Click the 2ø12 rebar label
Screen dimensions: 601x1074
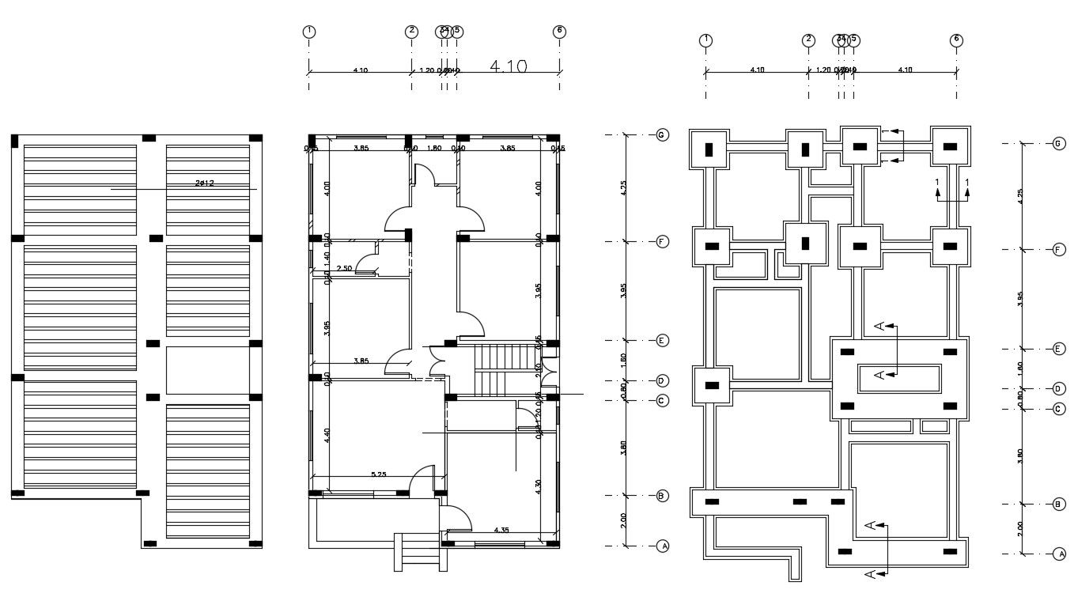[x=205, y=183]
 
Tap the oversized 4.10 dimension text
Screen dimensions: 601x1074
[x=509, y=66]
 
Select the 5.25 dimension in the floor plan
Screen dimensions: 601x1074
[x=378, y=474]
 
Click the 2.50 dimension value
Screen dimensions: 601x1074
[x=344, y=269]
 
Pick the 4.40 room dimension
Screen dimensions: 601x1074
[x=327, y=435]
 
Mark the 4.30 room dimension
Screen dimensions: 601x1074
[x=539, y=486]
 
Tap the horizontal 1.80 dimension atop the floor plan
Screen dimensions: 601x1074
[x=433, y=148]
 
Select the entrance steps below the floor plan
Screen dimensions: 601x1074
[x=419, y=551]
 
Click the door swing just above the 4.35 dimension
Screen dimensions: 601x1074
[x=458, y=518]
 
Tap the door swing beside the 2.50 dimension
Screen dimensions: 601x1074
[x=366, y=263]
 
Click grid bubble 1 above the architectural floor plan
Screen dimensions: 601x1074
[x=308, y=32]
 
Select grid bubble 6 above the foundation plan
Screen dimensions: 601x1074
[x=956, y=40]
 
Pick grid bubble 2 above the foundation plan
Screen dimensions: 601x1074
[x=807, y=40]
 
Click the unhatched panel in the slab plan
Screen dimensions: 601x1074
[x=207, y=370]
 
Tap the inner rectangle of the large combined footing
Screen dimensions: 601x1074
[x=898, y=378]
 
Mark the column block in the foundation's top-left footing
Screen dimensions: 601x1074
[x=709, y=148]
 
